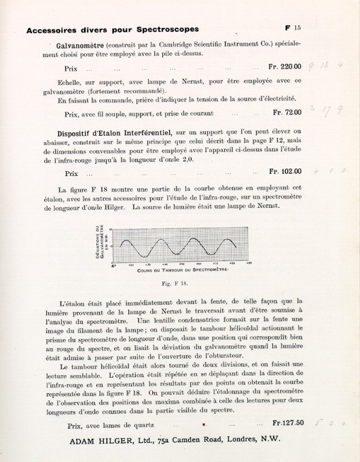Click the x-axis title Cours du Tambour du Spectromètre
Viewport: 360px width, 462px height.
[182, 270]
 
